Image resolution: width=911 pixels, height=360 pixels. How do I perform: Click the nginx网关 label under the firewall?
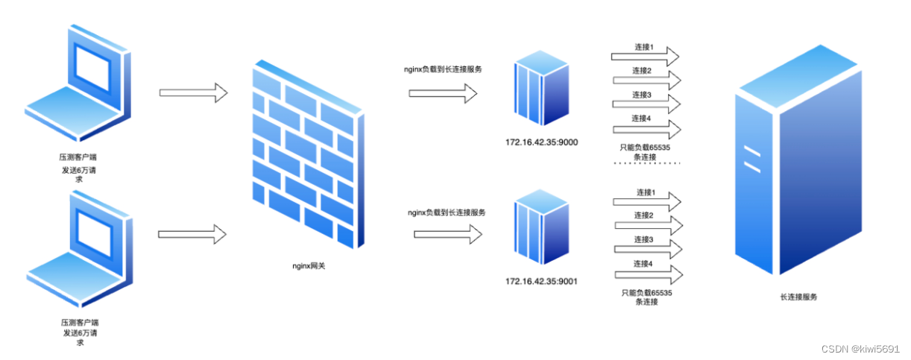[309, 265]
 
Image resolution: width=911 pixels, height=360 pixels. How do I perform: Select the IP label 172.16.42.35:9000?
[541, 141]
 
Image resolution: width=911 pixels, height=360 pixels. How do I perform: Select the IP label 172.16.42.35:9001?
[541, 281]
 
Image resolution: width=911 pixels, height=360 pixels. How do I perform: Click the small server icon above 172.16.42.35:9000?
[541, 88]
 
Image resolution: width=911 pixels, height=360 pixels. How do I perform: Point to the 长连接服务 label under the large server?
[798, 297]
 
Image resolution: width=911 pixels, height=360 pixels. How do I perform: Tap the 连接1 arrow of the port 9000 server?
[645, 56]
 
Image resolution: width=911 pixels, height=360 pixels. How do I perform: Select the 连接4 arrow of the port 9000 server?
[646, 129]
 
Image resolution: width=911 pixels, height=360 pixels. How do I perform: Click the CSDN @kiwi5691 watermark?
[861, 348]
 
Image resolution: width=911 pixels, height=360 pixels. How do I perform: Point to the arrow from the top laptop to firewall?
[193, 93]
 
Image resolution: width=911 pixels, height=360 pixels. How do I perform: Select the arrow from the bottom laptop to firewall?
[192, 233]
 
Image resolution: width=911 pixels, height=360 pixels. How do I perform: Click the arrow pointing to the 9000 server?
[443, 93]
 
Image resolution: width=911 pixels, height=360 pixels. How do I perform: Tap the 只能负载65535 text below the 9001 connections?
[646, 293]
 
